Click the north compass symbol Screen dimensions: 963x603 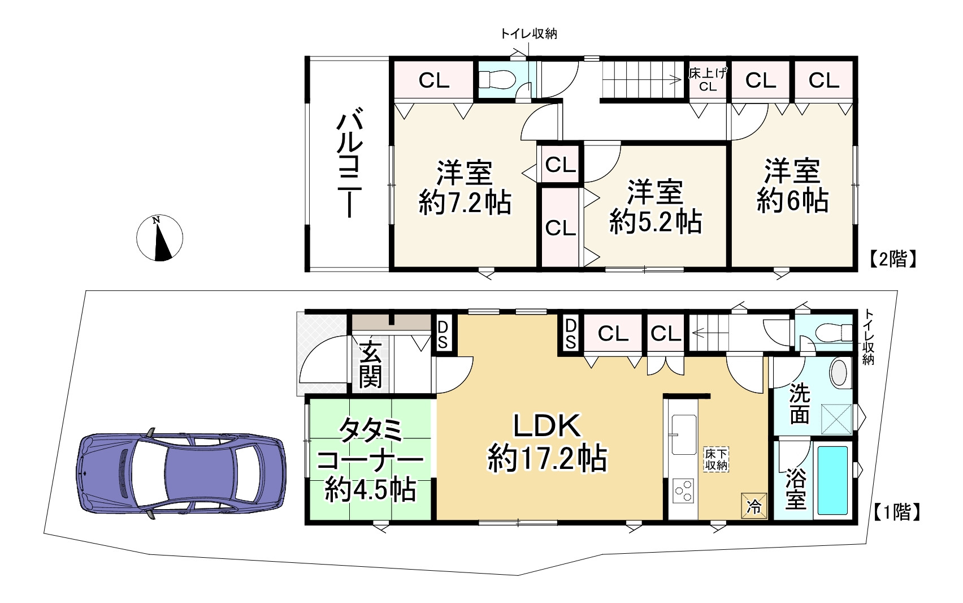(x=159, y=238)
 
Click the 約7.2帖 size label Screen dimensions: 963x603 (x=465, y=203)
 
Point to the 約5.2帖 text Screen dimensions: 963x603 (x=656, y=222)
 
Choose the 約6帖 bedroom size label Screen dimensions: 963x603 (x=792, y=201)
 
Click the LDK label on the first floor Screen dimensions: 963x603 (x=547, y=426)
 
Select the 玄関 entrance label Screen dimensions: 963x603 (x=370, y=364)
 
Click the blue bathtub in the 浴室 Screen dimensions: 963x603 (x=833, y=480)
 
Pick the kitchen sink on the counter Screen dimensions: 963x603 (x=684, y=434)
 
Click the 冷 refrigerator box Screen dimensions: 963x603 (x=754, y=506)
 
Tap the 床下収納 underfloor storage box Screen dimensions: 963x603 (x=716, y=460)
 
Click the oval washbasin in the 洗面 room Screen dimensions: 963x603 (x=839, y=373)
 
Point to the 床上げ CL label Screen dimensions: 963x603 (x=708, y=80)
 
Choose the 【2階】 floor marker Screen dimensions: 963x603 (x=894, y=259)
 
